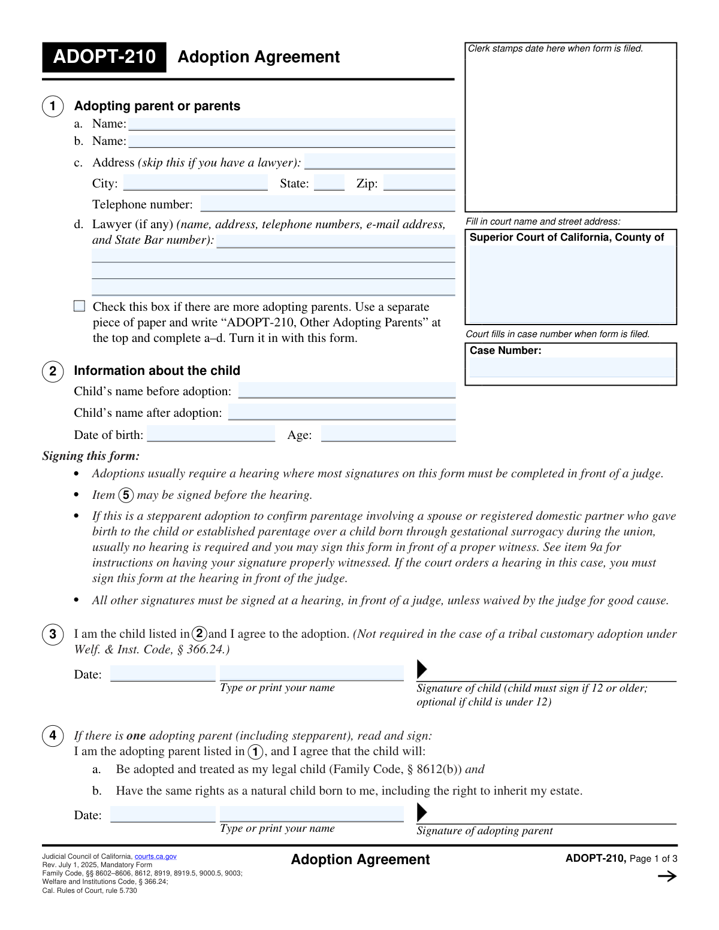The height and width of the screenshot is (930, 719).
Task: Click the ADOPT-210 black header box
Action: coord(104,57)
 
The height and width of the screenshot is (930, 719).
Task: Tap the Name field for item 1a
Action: coord(291,125)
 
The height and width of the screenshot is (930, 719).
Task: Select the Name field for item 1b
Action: coord(291,142)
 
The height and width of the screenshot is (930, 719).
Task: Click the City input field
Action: coord(195,183)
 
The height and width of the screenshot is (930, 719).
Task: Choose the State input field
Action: coord(329,183)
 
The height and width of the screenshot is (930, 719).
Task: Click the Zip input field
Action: coord(419,183)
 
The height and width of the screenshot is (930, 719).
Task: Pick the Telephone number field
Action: coord(328,204)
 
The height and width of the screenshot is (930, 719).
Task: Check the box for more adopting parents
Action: coord(80,307)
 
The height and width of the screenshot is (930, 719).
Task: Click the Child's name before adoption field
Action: coord(347,391)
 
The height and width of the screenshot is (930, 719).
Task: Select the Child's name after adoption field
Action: coord(342,413)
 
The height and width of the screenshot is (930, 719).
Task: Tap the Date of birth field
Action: coord(211,434)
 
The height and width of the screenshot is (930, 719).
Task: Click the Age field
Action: coord(388,434)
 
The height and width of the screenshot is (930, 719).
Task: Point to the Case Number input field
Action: coord(571,368)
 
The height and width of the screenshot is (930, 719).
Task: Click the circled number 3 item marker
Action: coord(53,634)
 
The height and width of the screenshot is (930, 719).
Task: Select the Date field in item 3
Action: coord(162,674)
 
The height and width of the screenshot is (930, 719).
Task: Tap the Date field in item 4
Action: coord(162,815)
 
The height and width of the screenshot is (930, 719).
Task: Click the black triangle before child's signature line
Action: coord(422,669)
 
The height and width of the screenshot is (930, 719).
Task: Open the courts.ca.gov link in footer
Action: coord(156,857)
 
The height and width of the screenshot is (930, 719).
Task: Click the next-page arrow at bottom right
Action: coord(667,877)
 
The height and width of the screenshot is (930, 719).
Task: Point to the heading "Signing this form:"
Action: coord(91,456)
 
